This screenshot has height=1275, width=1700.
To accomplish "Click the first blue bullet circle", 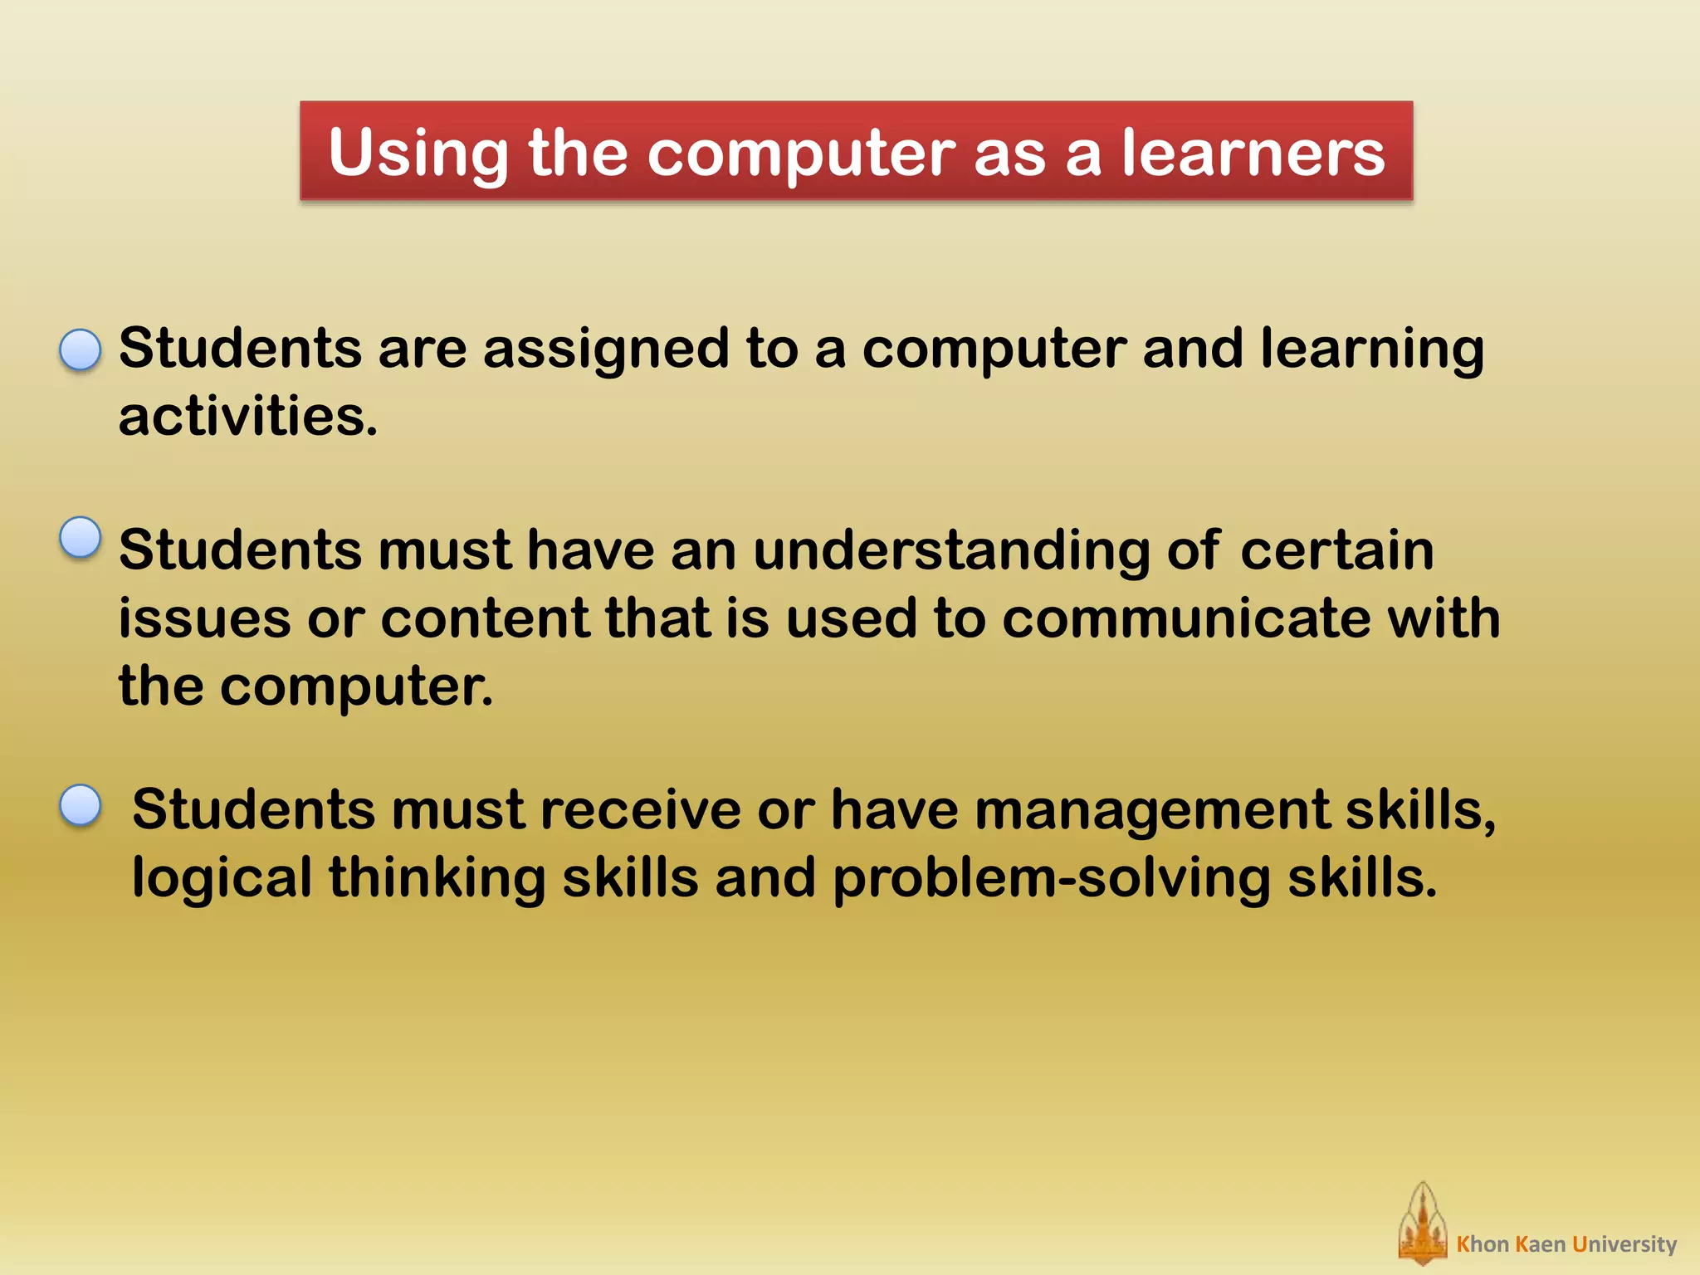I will [81, 349].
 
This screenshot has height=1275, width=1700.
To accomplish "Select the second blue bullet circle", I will [81, 537].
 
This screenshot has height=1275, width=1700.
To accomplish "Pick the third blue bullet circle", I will [81, 805].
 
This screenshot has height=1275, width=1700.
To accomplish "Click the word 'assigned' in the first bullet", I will [605, 349].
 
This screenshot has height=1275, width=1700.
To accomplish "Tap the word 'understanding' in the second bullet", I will [951, 551].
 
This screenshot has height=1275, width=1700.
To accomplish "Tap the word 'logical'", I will [222, 878].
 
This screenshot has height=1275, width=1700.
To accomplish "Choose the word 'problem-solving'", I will [1051, 878].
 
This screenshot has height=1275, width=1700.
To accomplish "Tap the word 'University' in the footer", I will [1624, 1244].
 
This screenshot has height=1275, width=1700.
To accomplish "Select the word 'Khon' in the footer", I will [1483, 1244].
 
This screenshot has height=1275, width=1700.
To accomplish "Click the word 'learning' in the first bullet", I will [1371, 349].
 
